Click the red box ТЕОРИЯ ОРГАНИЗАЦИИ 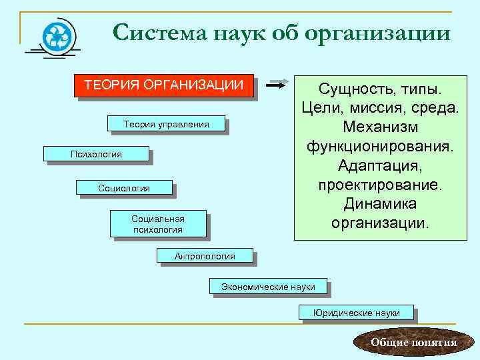tap(163, 85)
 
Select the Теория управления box tap(166, 124)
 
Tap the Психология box tap(96, 154)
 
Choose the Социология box tap(124, 189)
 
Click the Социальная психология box tap(158, 224)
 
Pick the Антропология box tap(205, 255)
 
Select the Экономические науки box tap(267, 287)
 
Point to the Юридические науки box tap(357, 312)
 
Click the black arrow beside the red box tap(276, 85)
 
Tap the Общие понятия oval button tap(413, 343)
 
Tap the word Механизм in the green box tap(381, 127)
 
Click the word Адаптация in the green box tap(381, 164)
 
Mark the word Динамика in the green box tap(381, 202)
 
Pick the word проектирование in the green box tap(381, 183)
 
